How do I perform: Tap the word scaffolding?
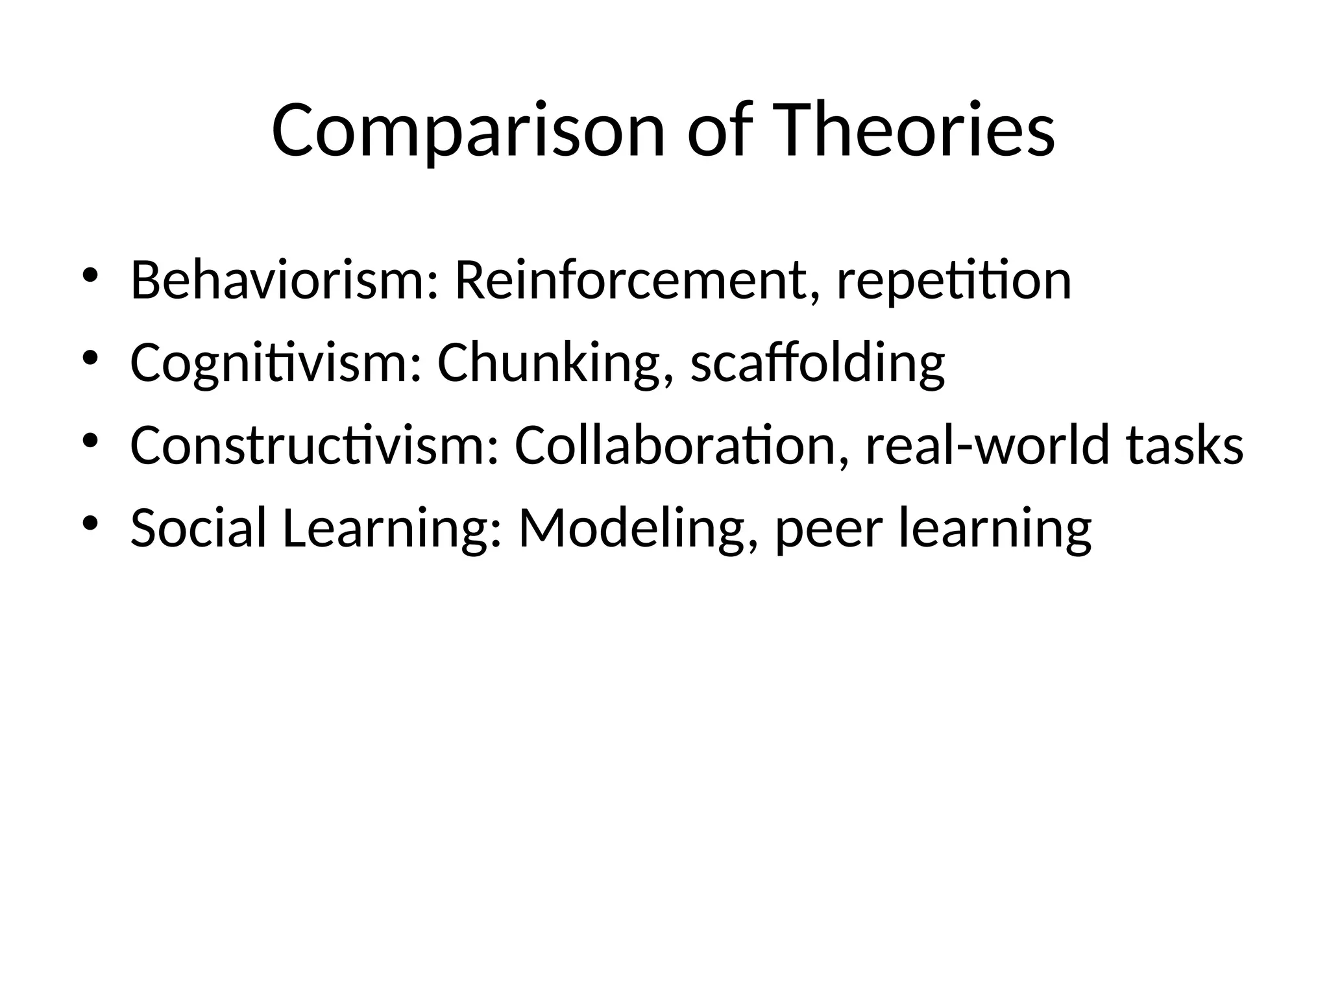tap(818, 363)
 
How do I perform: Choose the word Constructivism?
tap(315, 447)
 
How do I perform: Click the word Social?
tap(199, 528)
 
